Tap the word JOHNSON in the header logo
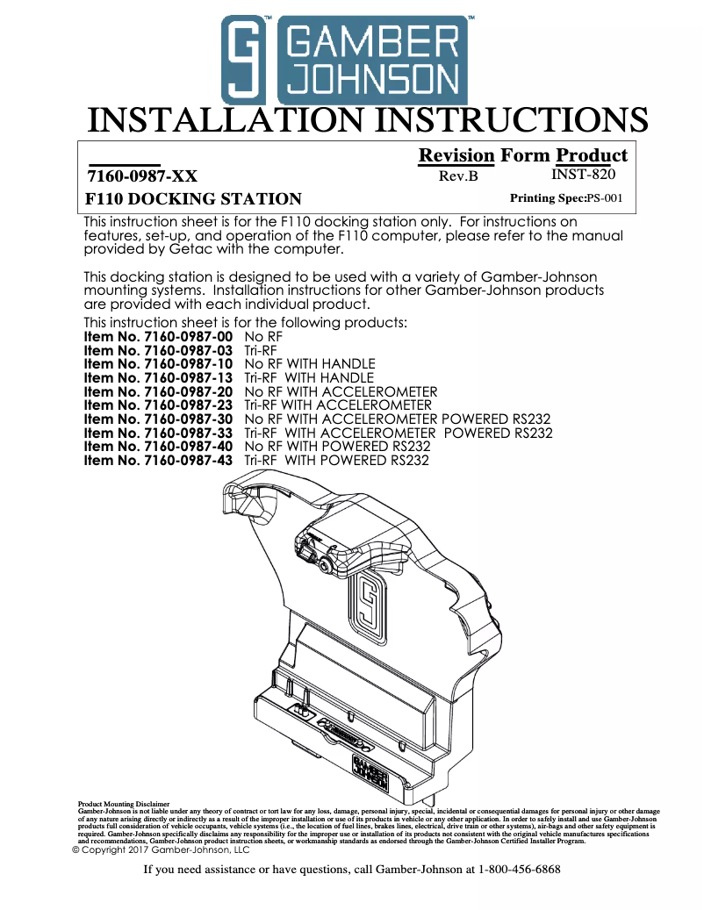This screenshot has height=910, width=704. (x=373, y=82)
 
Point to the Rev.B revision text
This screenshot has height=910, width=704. (x=457, y=176)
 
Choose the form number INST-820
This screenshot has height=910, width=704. (x=583, y=174)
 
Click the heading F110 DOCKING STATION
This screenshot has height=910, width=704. (x=193, y=198)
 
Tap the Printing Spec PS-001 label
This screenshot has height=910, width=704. (x=566, y=197)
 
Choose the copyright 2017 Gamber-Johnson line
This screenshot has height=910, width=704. (x=161, y=849)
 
